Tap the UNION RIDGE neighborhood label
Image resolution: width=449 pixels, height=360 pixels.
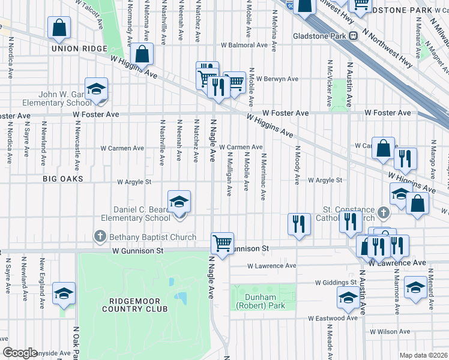click(x=74, y=49)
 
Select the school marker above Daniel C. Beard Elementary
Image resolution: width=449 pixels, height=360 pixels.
click(x=179, y=203)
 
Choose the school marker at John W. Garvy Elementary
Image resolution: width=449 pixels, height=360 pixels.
click(x=95, y=90)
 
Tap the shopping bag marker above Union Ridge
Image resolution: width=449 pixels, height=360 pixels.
click(x=59, y=28)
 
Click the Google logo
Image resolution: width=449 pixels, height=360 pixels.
click(x=20, y=353)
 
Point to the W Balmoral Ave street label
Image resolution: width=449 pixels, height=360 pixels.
click(x=243, y=45)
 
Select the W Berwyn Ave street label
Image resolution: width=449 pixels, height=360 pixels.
click(x=277, y=79)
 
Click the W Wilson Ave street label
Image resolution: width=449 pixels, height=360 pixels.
click(x=390, y=331)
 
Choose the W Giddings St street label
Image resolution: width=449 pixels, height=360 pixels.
click(x=336, y=282)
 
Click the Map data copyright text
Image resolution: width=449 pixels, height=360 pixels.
click(x=423, y=355)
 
